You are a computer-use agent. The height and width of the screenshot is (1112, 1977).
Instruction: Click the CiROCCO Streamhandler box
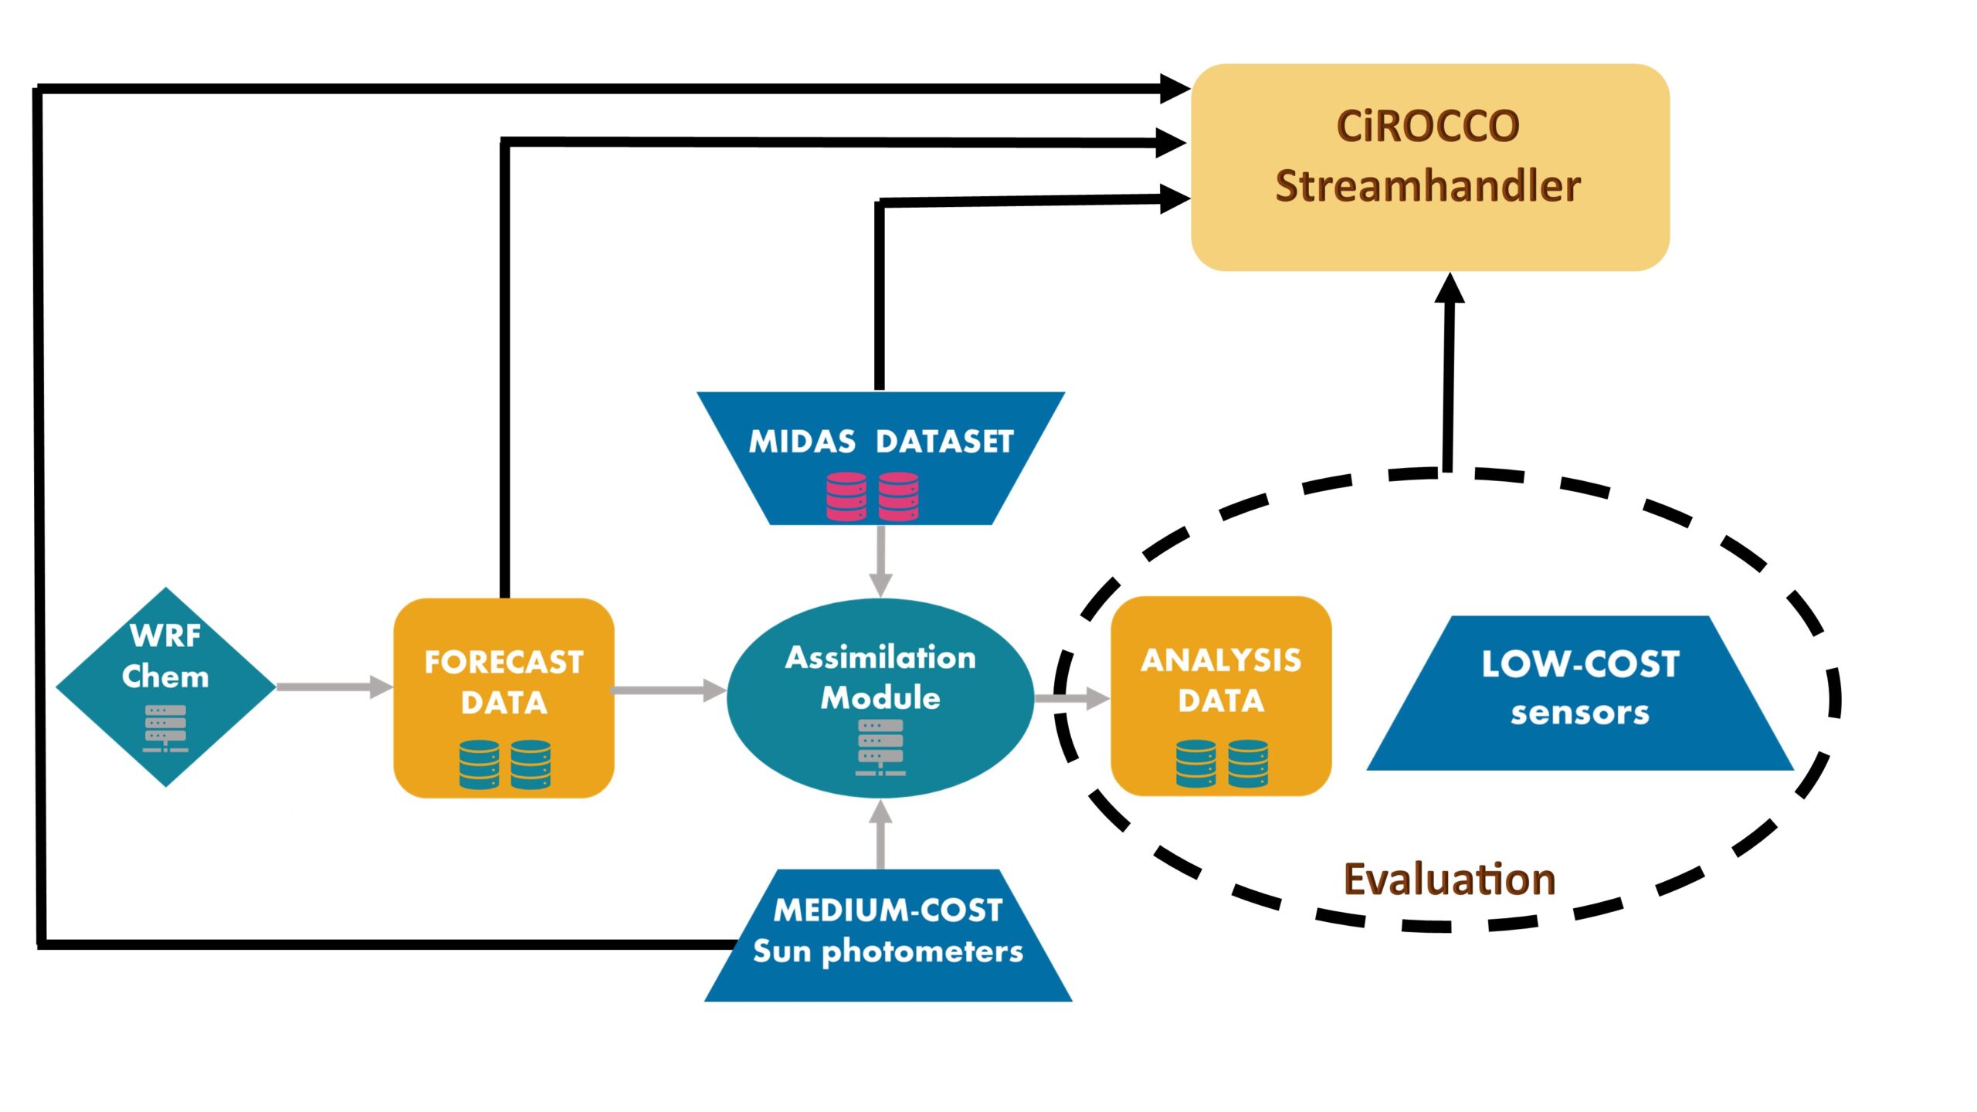(x=1430, y=168)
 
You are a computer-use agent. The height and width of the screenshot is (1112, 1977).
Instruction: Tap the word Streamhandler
(x=1428, y=186)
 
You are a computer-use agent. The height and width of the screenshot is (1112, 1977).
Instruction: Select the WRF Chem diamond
(x=166, y=687)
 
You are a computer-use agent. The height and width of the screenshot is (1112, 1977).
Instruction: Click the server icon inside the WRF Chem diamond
(x=165, y=728)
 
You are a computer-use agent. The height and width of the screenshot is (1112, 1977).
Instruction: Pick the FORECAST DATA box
(x=504, y=698)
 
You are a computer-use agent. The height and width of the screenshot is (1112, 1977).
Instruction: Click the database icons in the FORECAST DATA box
(x=505, y=764)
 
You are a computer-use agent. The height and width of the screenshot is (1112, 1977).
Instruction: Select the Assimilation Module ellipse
(x=880, y=698)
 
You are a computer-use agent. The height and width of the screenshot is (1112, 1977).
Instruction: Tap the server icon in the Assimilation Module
(x=880, y=748)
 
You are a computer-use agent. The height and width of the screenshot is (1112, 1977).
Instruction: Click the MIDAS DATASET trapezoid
(x=881, y=459)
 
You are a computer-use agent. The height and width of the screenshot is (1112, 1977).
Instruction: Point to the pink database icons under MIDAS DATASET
(x=873, y=497)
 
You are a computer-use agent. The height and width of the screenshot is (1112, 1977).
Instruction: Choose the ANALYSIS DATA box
(x=1221, y=696)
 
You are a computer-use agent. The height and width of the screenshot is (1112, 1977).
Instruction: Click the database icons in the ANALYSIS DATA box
(x=1222, y=764)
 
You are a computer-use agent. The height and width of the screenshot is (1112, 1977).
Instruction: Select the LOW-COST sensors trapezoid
(x=1580, y=693)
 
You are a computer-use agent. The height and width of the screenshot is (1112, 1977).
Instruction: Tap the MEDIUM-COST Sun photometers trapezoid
(x=888, y=935)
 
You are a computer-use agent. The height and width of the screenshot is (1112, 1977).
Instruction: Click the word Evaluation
(x=1450, y=880)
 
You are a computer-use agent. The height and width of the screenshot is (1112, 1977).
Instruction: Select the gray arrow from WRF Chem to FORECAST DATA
(x=335, y=687)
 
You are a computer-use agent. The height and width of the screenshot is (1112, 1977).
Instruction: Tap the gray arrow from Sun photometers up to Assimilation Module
(x=880, y=834)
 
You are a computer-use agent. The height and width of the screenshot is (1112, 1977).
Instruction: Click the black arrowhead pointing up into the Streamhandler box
(x=1450, y=288)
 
